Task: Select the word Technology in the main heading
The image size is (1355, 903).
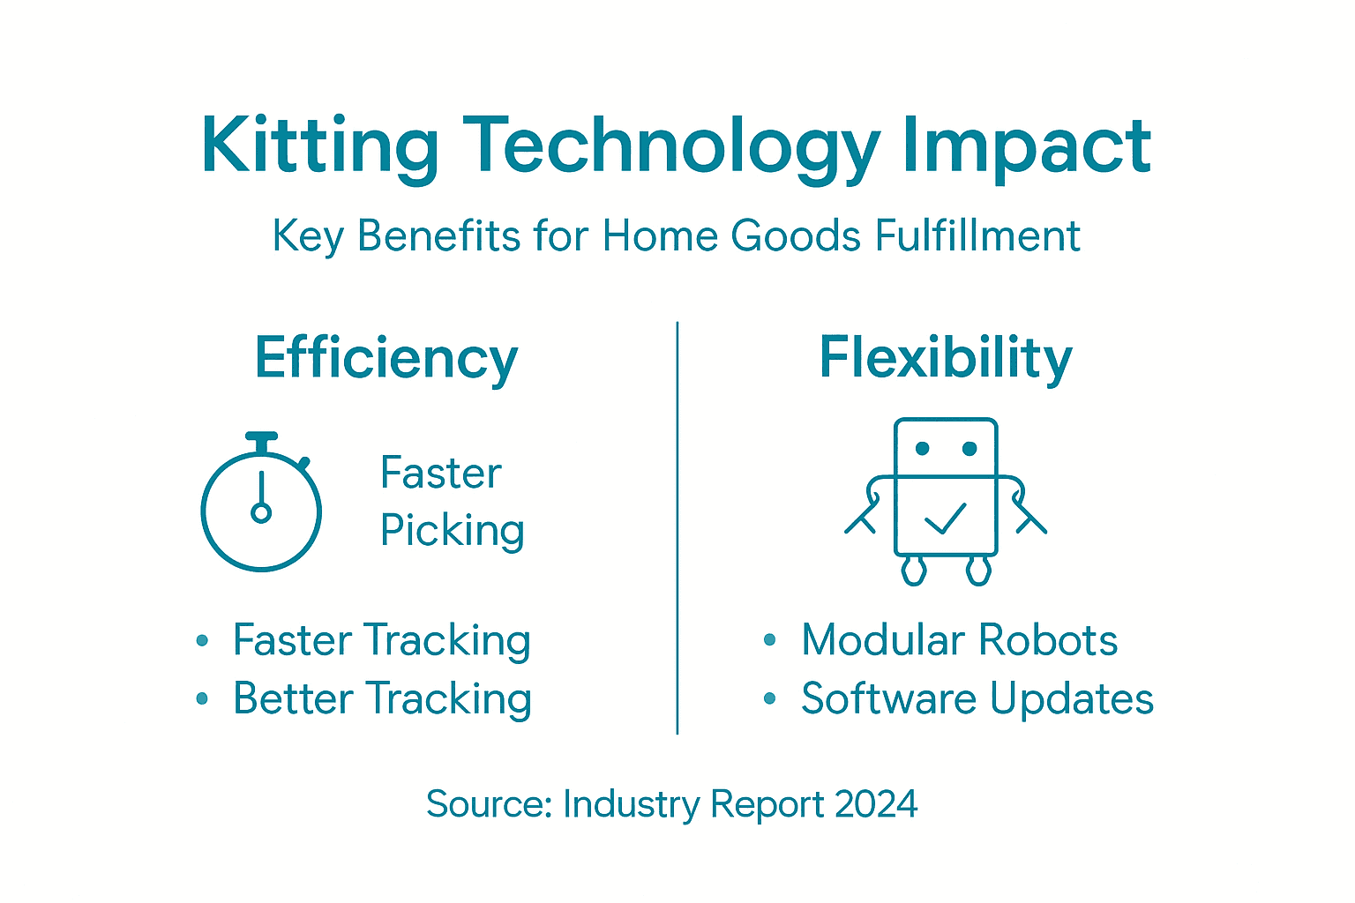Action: coord(670,146)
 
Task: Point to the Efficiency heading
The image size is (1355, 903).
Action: coord(386,358)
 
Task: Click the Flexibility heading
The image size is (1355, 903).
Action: coord(946,358)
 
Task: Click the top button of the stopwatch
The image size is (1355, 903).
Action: coord(261,437)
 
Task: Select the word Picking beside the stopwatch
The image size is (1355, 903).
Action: coord(453,531)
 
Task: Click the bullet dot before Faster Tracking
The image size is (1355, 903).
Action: coord(202,641)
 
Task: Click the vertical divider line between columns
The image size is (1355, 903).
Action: coord(677,529)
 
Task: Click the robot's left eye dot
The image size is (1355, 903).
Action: coord(923,449)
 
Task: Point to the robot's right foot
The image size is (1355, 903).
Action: coord(978,571)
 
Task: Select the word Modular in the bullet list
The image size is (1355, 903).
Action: coord(882,640)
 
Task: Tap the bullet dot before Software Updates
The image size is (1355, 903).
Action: coord(770,699)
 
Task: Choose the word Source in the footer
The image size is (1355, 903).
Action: coord(489,804)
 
